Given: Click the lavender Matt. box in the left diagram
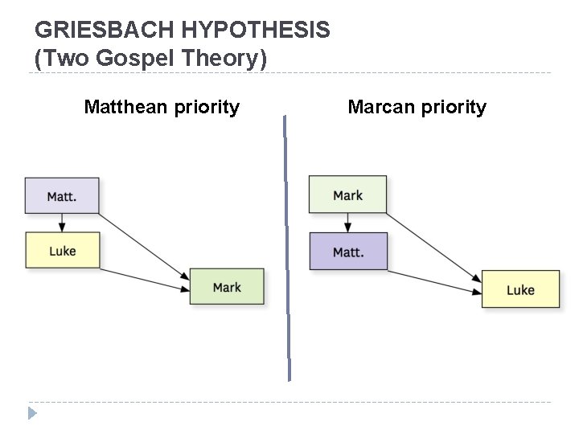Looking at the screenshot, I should click(62, 196).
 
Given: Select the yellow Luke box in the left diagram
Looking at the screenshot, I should click(62, 250).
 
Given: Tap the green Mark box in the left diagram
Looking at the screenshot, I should click(227, 287).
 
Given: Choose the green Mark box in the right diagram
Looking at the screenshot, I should click(347, 194).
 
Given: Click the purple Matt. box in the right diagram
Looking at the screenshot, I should click(348, 252).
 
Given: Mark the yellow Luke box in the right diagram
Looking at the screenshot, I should click(520, 289).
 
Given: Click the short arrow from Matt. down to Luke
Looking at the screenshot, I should click(62, 223).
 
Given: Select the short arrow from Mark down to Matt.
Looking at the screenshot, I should click(347, 223).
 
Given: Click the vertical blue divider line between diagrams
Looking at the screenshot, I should click(287, 249).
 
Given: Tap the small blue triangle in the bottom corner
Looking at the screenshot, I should click(32, 414).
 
